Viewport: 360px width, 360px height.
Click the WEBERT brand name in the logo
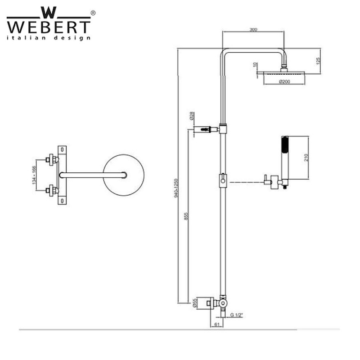pyautogui.click(x=49, y=25)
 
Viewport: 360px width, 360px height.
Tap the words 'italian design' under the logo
pyautogui.click(x=49, y=38)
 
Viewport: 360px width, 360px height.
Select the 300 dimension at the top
pyautogui.click(x=253, y=29)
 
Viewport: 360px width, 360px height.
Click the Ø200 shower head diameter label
pyautogui.click(x=284, y=81)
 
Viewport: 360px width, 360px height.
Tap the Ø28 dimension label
pyautogui.click(x=191, y=117)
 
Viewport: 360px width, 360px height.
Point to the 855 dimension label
pyautogui.click(x=186, y=216)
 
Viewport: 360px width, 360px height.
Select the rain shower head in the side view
pyautogui.click(x=284, y=74)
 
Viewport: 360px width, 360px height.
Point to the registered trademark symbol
pyautogui.click(x=93, y=13)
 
